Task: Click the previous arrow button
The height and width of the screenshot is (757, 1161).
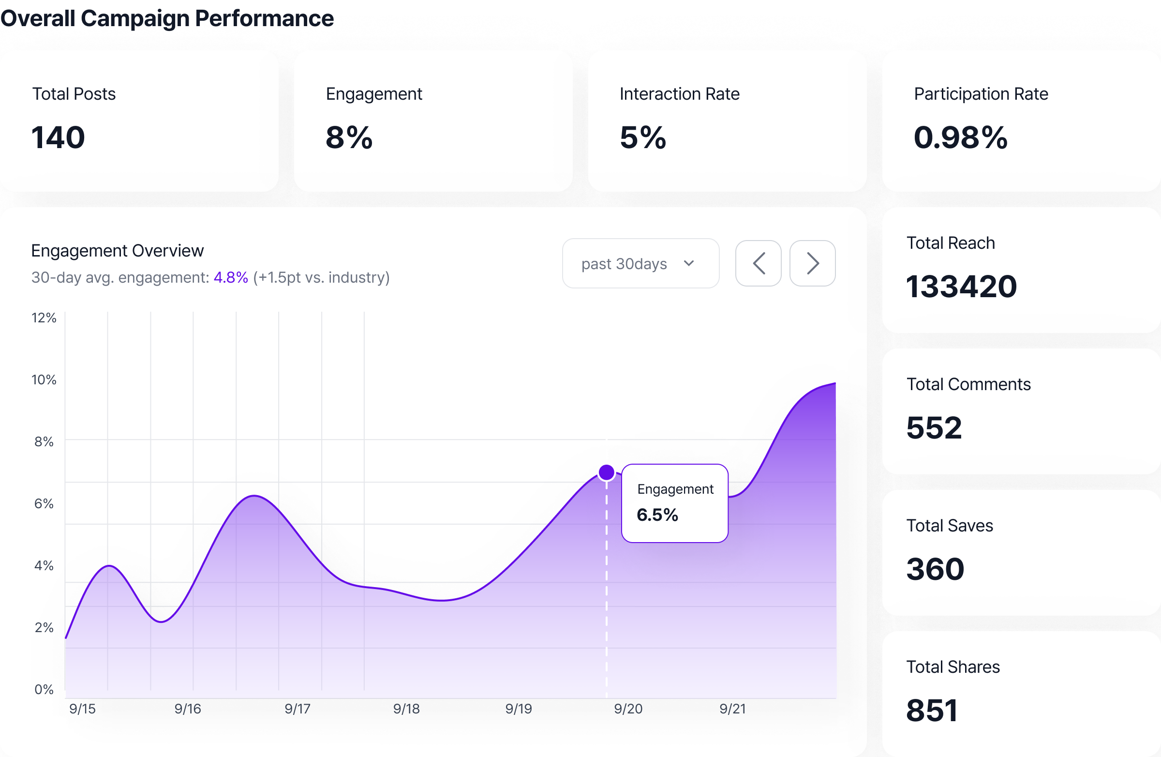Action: coord(758,264)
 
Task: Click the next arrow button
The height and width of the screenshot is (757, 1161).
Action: coord(812,264)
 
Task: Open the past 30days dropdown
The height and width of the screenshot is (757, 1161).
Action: coord(640,264)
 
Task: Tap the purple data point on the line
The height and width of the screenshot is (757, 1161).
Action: coord(606,472)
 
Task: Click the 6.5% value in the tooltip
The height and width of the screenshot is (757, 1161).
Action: coord(657,515)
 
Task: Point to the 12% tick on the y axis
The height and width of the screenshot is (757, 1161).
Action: coord(44,318)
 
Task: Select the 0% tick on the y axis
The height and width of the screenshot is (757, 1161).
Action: coord(44,689)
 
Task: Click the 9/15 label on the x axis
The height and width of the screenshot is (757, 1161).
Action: coord(82,709)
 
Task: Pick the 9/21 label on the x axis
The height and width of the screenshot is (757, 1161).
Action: coord(733,709)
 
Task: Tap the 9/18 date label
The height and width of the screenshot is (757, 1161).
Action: coord(406,709)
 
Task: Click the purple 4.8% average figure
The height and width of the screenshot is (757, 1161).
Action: coord(231,277)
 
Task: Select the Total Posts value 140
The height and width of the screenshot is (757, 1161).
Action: coord(58,137)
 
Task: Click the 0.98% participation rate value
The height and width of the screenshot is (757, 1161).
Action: coord(960,137)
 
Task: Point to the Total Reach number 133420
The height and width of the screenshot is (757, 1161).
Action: coord(961,286)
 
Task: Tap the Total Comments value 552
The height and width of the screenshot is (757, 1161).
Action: coord(934,427)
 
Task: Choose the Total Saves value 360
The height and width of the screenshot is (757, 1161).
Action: coord(935,569)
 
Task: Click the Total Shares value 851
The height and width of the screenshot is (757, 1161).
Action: coord(932,710)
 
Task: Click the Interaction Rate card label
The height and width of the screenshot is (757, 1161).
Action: coord(680,94)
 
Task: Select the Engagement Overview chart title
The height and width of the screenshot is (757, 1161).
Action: coord(118,250)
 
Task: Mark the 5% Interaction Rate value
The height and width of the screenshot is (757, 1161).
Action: coord(642,137)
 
